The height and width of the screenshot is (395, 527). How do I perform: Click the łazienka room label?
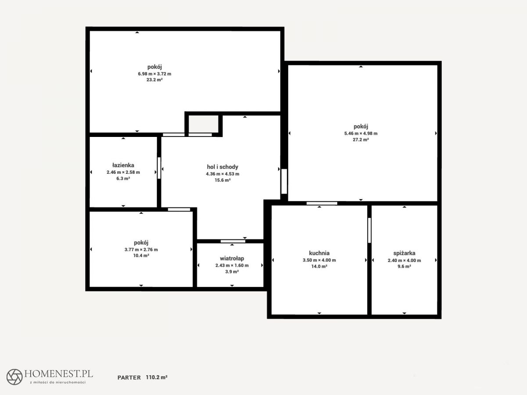tap(123, 165)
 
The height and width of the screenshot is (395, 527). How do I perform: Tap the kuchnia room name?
tap(319, 253)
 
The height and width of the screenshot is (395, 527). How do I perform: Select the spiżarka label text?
tap(404, 253)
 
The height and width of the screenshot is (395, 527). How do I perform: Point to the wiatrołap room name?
tap(232, 259)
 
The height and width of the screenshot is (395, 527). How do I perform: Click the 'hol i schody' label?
tap(223, 167)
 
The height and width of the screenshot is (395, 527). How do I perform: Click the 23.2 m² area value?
tap(155, 79)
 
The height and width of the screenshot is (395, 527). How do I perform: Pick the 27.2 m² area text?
tap(361, 140)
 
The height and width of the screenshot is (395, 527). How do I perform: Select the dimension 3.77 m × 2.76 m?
tap(141, 249)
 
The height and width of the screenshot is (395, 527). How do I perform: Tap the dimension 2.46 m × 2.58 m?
tap(123, 172)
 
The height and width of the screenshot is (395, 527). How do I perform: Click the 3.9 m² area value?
tap(232, 272)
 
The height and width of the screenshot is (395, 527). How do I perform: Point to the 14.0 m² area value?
tap(319, 266)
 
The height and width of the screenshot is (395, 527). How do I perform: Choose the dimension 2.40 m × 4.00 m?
tap(404, 260)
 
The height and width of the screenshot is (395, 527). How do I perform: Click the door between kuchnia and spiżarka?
tap(369, 230)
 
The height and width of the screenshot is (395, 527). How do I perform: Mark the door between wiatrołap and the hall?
tap(233, 241)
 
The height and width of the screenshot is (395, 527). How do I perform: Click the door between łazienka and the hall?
tap(159, 168)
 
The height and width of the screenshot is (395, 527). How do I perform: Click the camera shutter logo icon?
tap(14, 377)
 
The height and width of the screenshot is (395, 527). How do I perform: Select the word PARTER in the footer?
tap(129, 377)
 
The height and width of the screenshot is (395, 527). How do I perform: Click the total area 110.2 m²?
tap(156, 377)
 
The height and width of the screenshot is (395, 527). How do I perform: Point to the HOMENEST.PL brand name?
tap(58, 373)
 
